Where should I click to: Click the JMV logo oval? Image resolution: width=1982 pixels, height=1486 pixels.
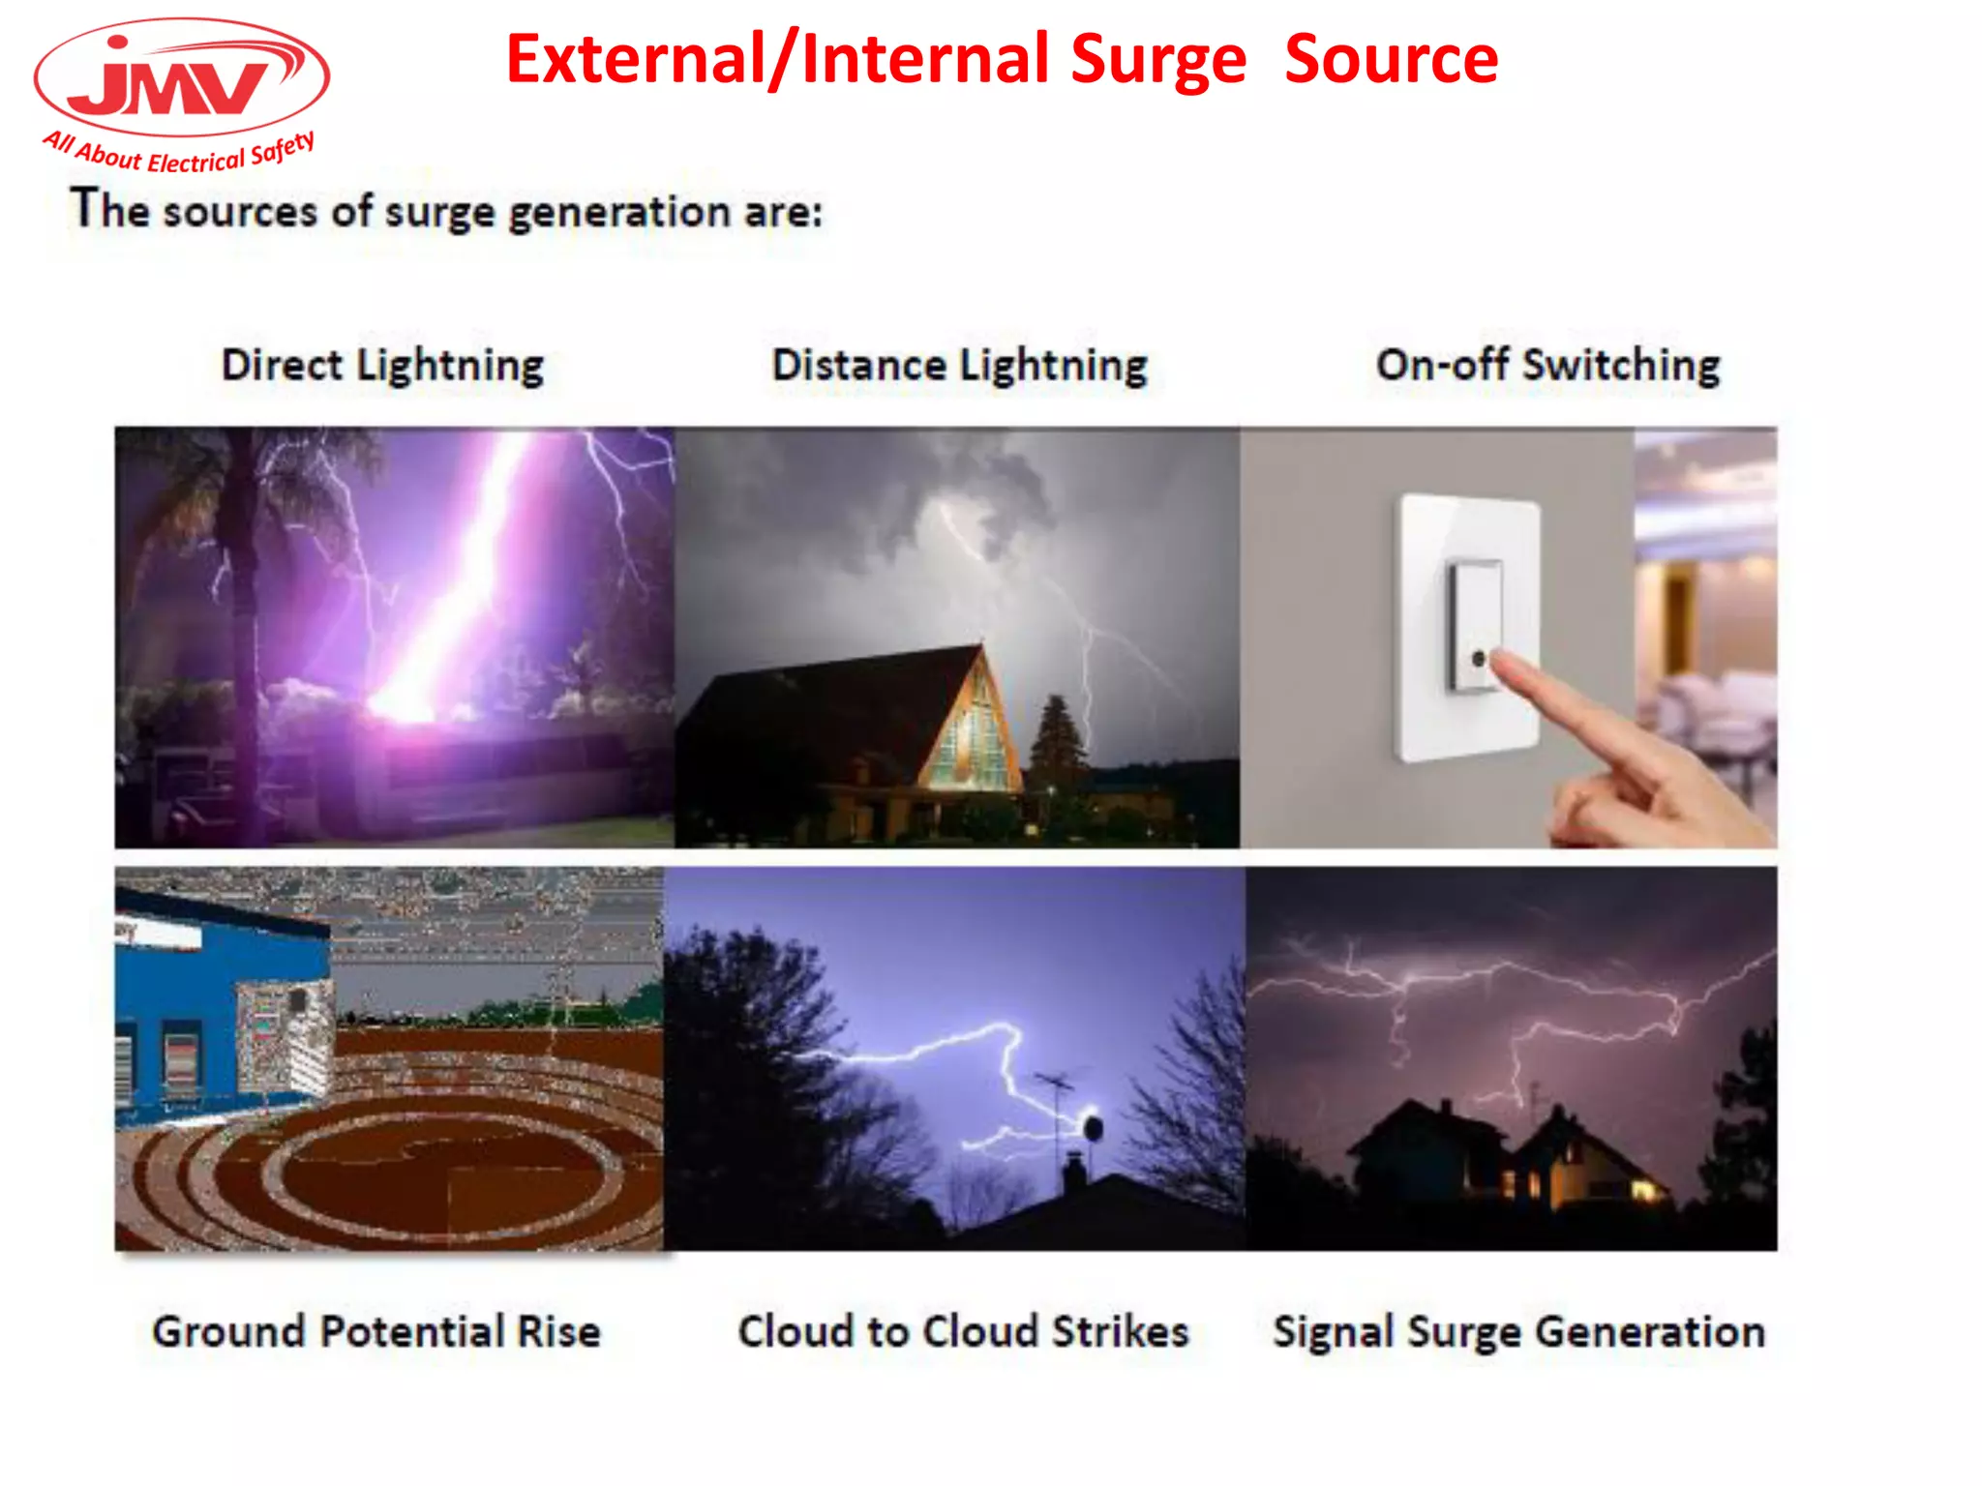181,77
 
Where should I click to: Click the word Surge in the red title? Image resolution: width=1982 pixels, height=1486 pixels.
1158,60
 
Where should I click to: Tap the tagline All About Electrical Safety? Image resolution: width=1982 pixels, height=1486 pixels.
179,153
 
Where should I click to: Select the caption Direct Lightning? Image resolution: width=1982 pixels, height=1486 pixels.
382,366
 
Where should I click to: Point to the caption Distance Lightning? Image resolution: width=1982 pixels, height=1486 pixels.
959,366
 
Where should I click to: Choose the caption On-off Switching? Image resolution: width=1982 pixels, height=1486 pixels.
1547,366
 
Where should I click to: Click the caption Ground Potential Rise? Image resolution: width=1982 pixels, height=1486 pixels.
376,1331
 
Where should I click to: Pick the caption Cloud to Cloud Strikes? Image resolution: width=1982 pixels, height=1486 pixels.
963,1331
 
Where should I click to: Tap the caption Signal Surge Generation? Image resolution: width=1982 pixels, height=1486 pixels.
1518,1331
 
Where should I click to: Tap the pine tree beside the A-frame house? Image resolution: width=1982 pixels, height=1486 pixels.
1057,745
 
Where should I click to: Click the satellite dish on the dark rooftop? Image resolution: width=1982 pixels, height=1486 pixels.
1093,1127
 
